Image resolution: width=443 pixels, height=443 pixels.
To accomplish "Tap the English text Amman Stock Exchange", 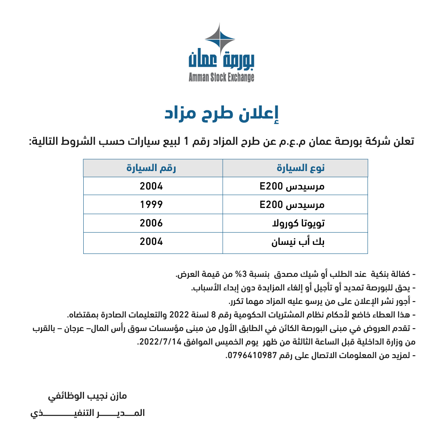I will point(221,77).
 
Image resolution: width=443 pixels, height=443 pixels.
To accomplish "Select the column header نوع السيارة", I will point(301,168).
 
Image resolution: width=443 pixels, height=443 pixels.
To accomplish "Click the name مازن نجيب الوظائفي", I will point(88,396).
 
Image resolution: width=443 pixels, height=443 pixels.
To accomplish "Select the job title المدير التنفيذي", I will point(88,413).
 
